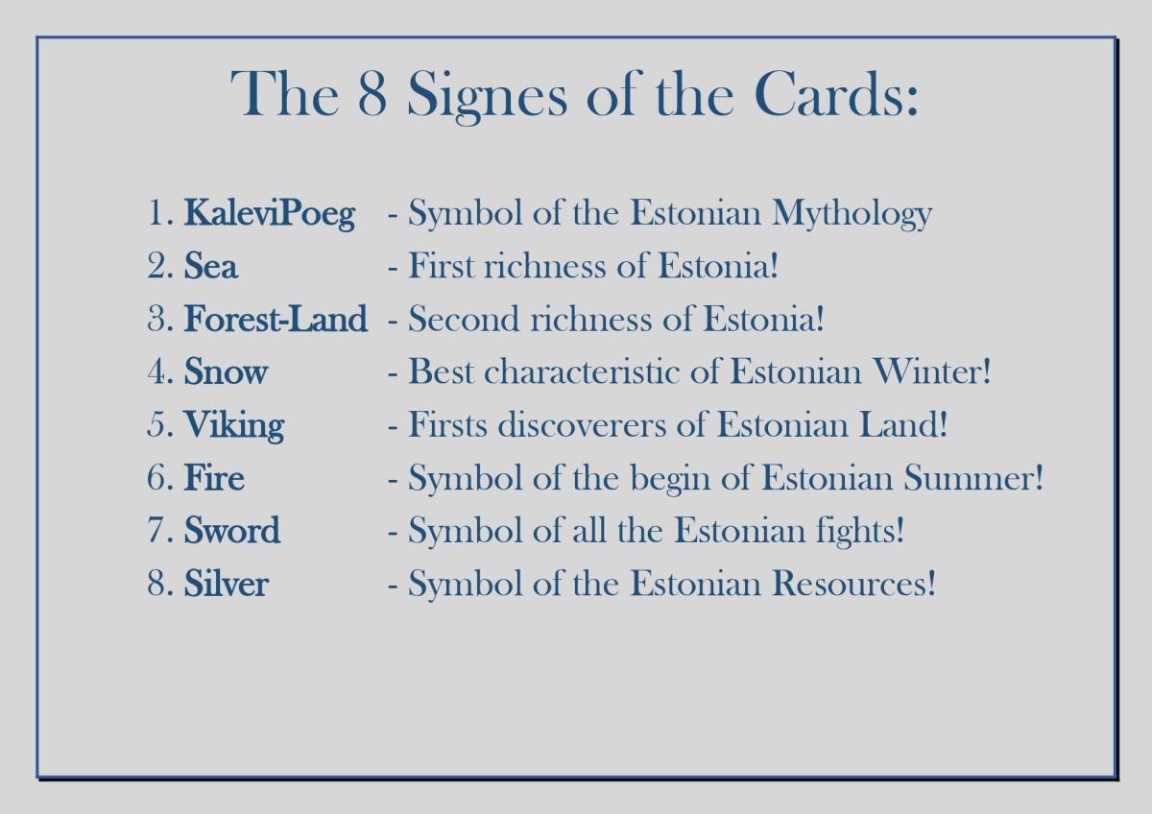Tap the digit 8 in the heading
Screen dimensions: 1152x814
[x=372, y=93]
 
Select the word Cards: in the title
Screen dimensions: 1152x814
[x=836, y=93]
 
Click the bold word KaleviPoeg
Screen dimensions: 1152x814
[x=270, y=213]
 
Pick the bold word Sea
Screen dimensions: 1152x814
[x=211, y=266]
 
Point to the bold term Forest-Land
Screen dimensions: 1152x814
[x=276, y=319]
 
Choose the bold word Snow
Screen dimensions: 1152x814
[x=226, y=371]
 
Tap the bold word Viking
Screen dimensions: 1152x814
[x=234, y=425]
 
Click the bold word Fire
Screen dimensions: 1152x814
[x=214, y=477]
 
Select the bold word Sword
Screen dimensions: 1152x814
[x=232, y=530]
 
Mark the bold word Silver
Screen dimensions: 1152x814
[x=227, y=583]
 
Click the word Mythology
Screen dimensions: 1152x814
[x=852, y=213]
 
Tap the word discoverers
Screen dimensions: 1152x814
[x=582, y=424]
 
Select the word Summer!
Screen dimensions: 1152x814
[x=973, y=477]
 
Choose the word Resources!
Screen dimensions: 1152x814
[x=853, y=583]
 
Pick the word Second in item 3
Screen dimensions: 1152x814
[x=464, y=319]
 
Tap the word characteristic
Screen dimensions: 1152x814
[x=582, y=371]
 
